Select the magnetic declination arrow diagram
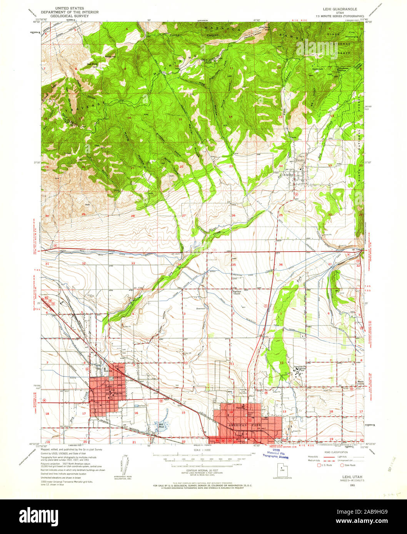(125, 465)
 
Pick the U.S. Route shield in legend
(319, 465)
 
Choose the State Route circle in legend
(342, 465)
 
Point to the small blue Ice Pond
(137, 405)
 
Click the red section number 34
(179, 264)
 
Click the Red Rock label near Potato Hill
(92, 65)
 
